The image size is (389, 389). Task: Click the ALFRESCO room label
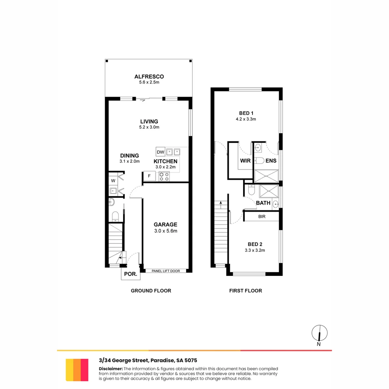pos(149,76)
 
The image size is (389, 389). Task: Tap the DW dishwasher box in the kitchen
pos(160,152)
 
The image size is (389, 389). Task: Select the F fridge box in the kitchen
pos(149,176)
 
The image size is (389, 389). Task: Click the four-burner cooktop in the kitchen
pos(164,176)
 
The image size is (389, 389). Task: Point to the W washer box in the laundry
pos(113,180)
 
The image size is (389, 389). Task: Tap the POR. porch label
pos(130,274)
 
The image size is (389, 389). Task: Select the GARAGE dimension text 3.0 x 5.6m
pos(166,231)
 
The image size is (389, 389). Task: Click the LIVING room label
pos(149,121)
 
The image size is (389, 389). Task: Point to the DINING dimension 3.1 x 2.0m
pos(129,161)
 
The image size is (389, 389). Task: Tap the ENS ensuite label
pos(271,161)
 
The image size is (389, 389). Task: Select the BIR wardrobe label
pos(262,217)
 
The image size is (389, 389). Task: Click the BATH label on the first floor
pos(263,203)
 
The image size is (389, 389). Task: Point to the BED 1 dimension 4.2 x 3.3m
pos(246,119)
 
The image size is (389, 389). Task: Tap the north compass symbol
pos(319,333)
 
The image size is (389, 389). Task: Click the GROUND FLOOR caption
pos(151,291)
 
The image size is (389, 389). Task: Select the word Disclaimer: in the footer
pos(111,369)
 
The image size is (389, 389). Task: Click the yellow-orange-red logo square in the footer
pos(77,370)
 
